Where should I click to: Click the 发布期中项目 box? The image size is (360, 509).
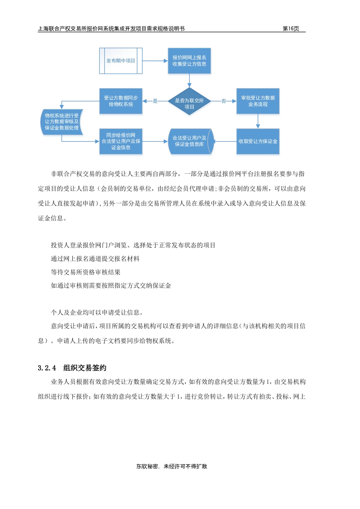pos(121,61)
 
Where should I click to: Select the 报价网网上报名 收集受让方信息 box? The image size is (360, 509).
pos(189,61)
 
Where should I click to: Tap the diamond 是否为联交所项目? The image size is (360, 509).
pos(189,101)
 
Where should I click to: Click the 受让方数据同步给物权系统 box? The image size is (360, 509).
pos(121,101)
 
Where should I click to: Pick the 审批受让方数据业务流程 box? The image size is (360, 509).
pos(258,101)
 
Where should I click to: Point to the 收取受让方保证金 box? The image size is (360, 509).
pos(258,141)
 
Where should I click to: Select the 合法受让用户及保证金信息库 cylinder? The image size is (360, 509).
pos(191,141)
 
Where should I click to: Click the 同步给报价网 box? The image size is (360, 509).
pos(121,141)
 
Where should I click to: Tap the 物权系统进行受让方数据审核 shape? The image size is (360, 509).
pos(62,122)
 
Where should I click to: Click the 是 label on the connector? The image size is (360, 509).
pos(155,101)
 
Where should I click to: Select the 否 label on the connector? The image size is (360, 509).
pos(224,101)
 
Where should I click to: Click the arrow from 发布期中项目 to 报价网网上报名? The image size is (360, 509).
pos(155,61)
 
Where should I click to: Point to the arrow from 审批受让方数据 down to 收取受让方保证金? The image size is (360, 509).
pos(258,121)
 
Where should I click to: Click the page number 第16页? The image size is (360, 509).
pos(291,29)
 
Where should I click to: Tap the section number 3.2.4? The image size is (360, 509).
pos(47,368)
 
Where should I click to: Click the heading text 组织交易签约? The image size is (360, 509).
pos(85,368)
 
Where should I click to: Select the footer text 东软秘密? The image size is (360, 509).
pos(147,466)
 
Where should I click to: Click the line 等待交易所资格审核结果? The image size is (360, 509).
pos(86,272)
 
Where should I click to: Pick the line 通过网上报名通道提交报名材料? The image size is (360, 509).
pos(95,259)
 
